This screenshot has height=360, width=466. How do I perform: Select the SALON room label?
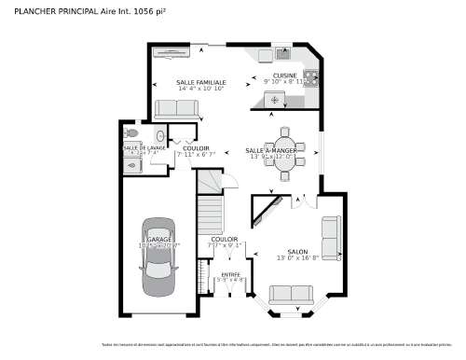pos(297,252)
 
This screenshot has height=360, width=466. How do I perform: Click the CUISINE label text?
pos(284,76)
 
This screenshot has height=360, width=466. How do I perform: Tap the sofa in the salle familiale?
pos(176,108)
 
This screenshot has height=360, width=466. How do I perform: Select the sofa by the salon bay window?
pos(291,295)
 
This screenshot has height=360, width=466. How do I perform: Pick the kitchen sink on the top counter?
pos(283,54)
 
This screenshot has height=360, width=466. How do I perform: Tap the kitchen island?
pos(275,99)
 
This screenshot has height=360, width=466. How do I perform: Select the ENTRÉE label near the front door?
pos(229,274)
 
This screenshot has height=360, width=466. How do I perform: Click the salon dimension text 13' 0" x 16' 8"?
pos(297,258)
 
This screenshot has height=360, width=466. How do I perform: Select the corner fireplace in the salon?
pos(268,206)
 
